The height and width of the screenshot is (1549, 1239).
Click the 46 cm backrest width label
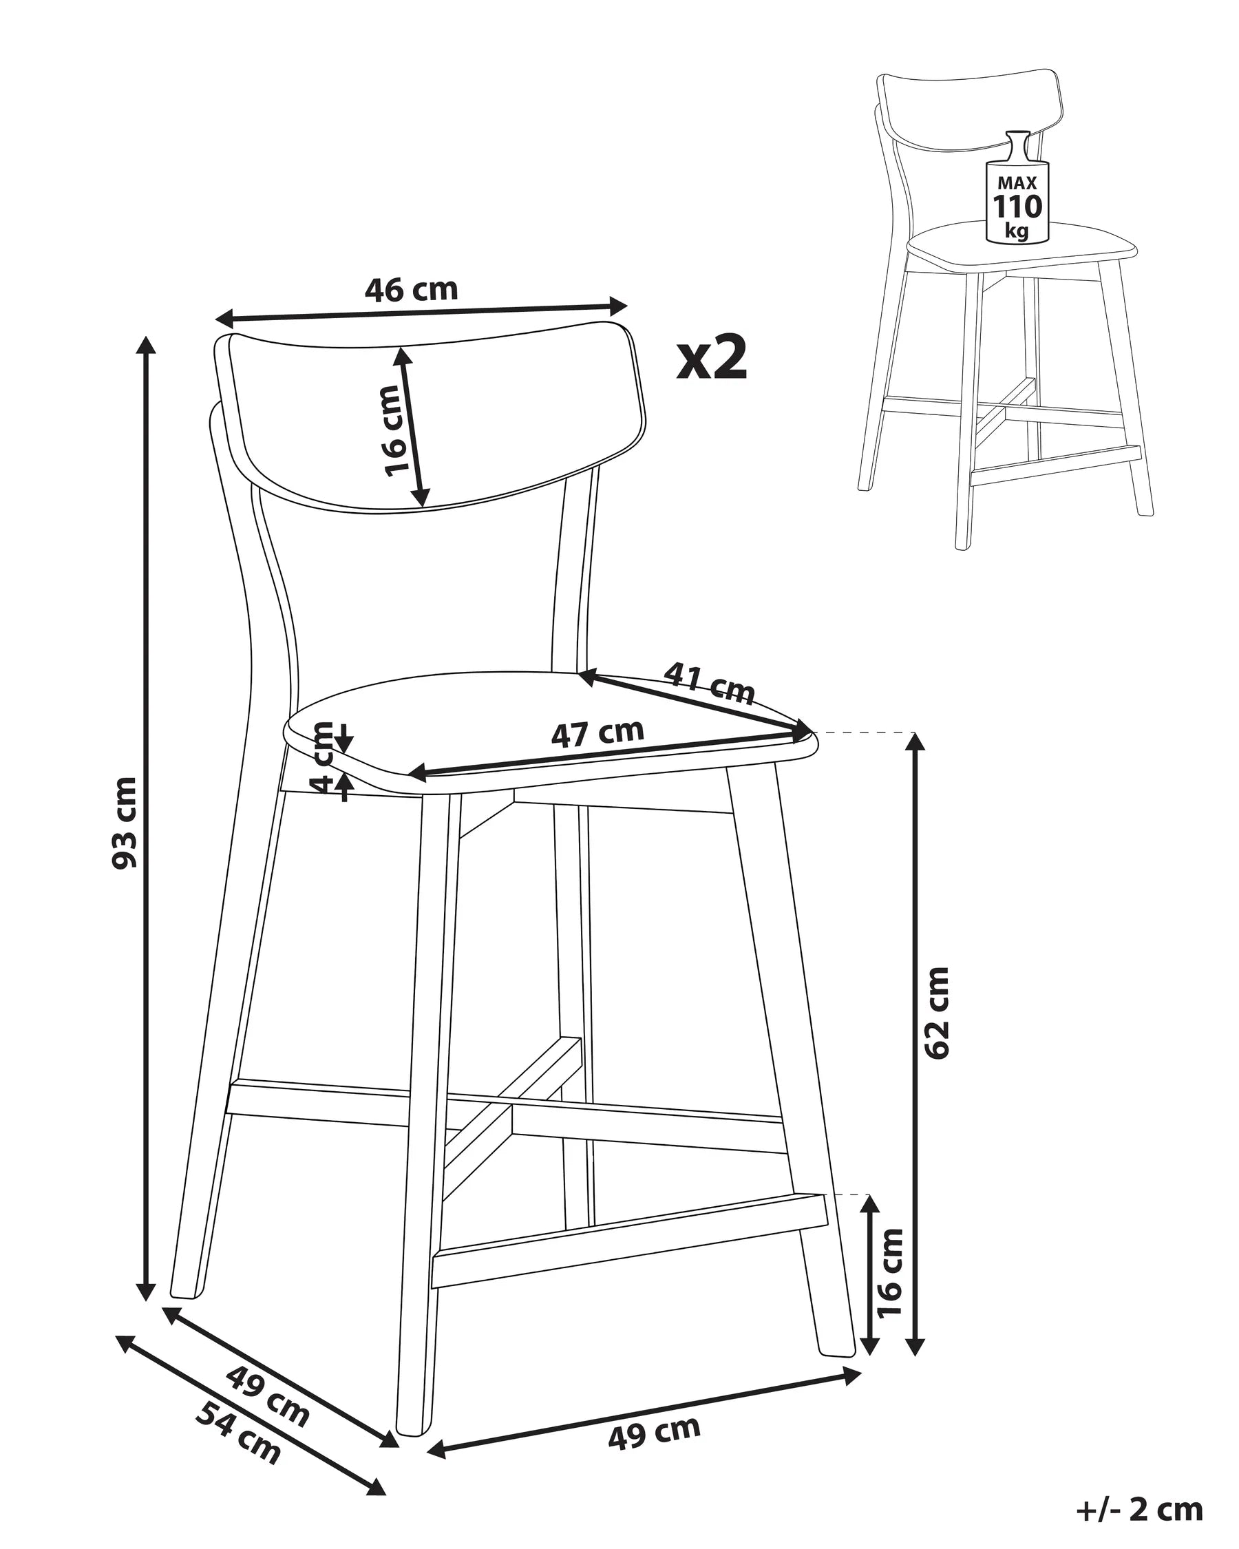(411, 290)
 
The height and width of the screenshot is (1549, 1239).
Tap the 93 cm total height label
(125, 823)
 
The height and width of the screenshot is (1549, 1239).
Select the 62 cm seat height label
(937, 1013)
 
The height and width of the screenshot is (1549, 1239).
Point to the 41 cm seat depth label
(710, 682)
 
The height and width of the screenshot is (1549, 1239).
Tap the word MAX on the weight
(1017, 183)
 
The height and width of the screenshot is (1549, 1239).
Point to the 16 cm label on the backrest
(398, 430)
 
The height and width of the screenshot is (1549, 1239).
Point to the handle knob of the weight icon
(1017, 137)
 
